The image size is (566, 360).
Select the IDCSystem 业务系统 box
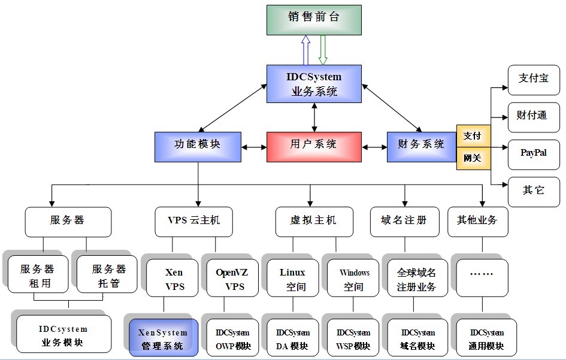(314, 83)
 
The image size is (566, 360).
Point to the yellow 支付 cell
(473, 136)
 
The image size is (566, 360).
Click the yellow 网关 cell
(473, 158)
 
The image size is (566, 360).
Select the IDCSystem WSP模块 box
(353, 338)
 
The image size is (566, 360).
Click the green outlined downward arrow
(323, 50)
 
